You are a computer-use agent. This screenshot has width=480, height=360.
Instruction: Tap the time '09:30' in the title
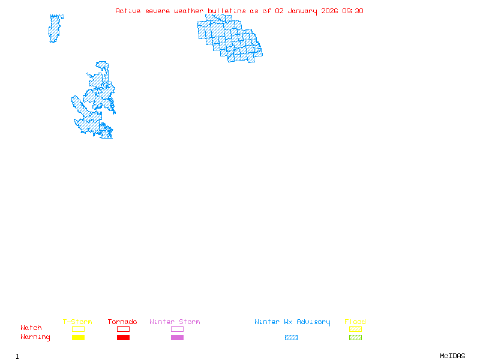click(x=353, y=11)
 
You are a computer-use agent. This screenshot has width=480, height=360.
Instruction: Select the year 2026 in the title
click(x=331, y=11)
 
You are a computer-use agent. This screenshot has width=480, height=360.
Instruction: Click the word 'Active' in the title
click(x=128, y=11)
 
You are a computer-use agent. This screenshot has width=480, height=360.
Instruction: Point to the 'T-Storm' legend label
click(x=77, y=322)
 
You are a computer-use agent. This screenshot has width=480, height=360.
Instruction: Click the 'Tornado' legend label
click(x=122, y=322)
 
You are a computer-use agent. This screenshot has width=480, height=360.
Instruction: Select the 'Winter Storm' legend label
click(x=175, y=322)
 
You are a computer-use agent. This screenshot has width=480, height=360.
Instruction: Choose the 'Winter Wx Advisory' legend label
click(x=292, y=322)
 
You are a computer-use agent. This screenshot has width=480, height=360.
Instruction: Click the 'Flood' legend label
click(x=355, y=322)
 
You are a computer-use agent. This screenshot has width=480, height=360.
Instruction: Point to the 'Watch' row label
click(x=31, y=328)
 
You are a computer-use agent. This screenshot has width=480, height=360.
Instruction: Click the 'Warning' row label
click(x=35, y=337)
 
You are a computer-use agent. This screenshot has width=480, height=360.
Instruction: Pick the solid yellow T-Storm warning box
click(x=78, y=338)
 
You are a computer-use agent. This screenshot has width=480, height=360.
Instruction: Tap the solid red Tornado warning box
click(x=123, y=338)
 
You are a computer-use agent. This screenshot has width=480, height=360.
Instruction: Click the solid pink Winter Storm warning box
click(x=177, y=338)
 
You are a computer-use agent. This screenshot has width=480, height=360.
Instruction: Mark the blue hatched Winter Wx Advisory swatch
click(x=291, y=338)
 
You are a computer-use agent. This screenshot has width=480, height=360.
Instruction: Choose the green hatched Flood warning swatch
click(x=355, y=338)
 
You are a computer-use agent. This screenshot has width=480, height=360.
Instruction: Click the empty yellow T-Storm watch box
click(x=78, y=329)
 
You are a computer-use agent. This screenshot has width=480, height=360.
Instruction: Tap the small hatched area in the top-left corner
click(x=55, y=28)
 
